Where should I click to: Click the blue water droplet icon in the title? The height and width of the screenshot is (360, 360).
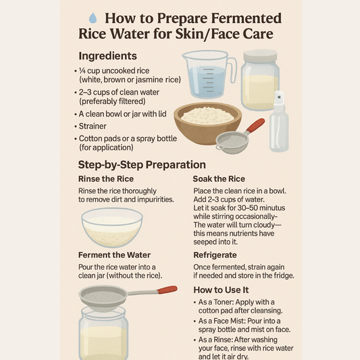point(93,18)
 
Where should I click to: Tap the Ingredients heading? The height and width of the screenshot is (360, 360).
point(107,56)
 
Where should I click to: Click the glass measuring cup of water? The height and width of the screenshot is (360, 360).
point(209,74)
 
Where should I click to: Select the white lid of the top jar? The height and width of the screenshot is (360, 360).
point(260,57)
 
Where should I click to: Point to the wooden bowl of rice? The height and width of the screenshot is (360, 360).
point(207,123)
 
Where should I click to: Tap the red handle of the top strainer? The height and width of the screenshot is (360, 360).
point(256,125)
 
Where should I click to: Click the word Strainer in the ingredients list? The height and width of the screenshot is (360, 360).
point(93,126)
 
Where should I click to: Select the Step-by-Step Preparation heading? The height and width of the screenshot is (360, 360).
point(142,165)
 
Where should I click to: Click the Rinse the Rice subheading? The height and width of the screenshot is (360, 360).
point(106,179)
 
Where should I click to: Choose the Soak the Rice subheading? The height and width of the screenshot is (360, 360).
point(219,179)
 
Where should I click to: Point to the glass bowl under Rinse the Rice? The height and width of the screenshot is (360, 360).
point(112,228)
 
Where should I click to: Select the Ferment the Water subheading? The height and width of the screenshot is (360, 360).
point(114,255)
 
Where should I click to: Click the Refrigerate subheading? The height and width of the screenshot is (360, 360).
point(215,255)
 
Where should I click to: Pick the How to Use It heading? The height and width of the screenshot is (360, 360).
point(221,290)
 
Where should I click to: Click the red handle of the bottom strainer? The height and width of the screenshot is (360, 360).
point(167,290)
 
